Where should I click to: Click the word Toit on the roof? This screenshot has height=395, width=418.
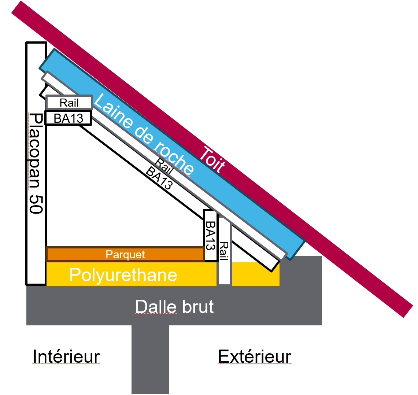pos(212,160)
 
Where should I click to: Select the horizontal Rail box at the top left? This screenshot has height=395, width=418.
pos(69,103)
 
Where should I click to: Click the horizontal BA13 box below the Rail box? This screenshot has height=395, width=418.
pos(69,118)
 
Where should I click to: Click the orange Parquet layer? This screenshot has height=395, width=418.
pos(125,255)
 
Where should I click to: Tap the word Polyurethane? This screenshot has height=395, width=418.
pos(123,275)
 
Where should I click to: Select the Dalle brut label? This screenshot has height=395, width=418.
pos(174,306)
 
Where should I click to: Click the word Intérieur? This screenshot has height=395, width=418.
pos(66,356)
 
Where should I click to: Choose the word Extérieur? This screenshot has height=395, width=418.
pos(255,356)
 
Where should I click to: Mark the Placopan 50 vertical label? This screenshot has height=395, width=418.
pos(36,163)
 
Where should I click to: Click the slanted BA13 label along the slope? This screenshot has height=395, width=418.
pos(159,178)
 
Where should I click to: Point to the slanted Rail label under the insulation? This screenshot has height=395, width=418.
pos(164,166)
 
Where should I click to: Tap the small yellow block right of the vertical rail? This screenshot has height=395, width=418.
pos(256,274)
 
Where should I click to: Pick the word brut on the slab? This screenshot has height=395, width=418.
pos(198,306)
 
